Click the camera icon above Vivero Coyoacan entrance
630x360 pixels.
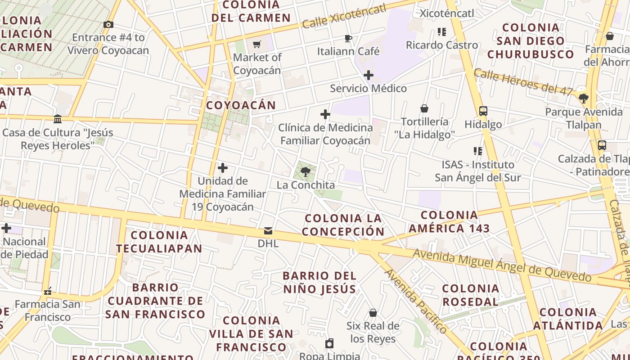click(x=108, y=25)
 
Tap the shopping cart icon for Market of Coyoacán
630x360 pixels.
click(x=257, y=44)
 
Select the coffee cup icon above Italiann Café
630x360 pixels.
click(x=348, y=38)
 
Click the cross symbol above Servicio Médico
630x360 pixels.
click(x=369, y=75)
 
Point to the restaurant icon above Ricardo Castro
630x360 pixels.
click(x=441, y=32)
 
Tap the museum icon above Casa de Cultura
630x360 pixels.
click(x=58, y=119)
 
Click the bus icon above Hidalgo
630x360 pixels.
click(x=483, y=111)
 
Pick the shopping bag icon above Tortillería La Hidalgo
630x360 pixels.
click(x=424, y=108)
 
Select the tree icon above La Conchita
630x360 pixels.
click(x=306, y=171)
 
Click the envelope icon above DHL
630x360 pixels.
click(x=268, y=231)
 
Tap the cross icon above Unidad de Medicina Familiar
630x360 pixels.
click(x=222, y=168)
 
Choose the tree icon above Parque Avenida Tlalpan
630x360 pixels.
click(x=584, y=98)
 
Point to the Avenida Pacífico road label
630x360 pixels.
click(x=415, y=301)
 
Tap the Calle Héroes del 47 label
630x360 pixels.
click(x=522, y=82)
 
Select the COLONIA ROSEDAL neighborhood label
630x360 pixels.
click(x=471, y=295)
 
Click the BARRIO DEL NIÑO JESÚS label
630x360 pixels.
click(x=319, y=282)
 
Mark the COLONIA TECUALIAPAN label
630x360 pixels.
click(x=159, y=242)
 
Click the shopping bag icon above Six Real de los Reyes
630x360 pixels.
click(x=373, y=313)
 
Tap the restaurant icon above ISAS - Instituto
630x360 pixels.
click(x=477, y=151)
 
